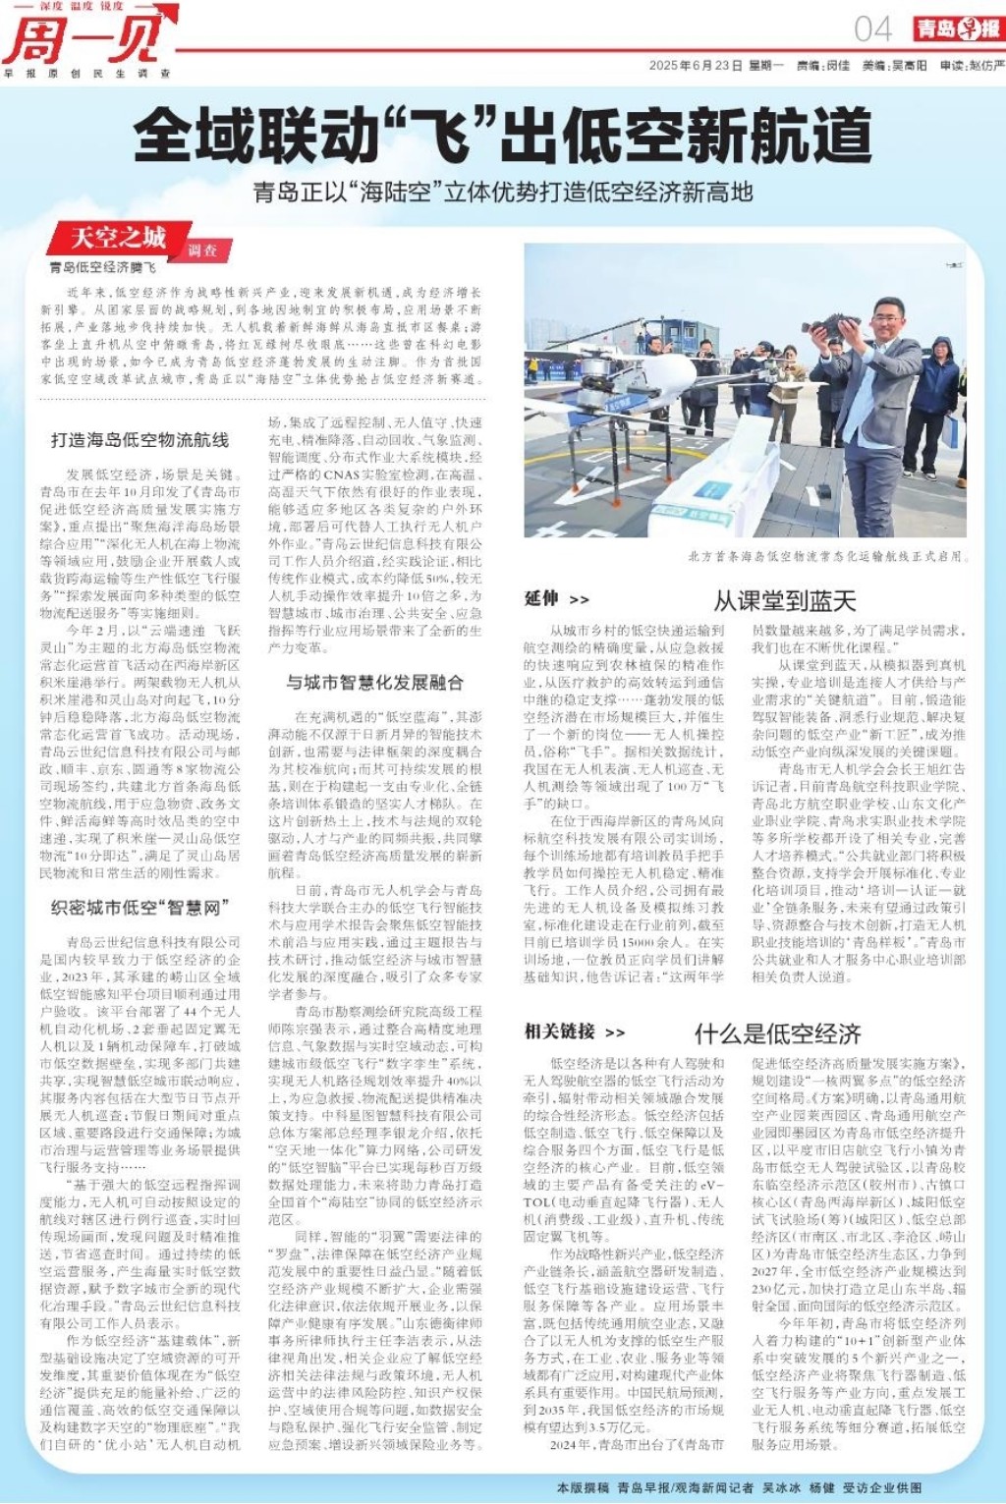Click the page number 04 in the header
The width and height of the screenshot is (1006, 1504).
tap(872, 28)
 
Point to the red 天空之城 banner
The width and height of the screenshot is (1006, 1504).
tap(119, 238)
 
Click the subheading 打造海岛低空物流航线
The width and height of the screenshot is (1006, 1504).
tap(140, 440)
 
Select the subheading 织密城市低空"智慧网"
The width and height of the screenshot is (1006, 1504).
tap(140, 907)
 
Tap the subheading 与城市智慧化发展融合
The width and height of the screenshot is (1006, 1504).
tap(374, 682)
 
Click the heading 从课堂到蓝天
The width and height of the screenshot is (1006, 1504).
tap(784, 600)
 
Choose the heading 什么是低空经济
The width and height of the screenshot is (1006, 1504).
tap(777, 1033)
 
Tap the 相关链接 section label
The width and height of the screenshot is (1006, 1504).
tap(560, 1031)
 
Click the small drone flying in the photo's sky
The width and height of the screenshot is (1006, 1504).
tap(952, 264)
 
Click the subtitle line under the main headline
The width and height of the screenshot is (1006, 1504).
tap(502, 192)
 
